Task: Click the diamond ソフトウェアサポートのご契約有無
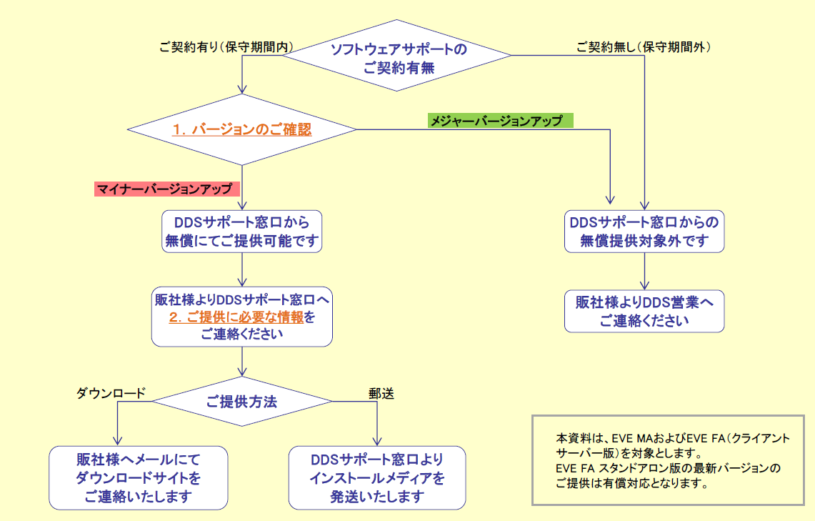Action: click(x=399, y=58)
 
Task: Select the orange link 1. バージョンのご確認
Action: click(x=242, y=130)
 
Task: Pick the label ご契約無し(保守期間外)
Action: click(x=644, y=47)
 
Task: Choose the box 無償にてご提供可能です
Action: click(x=242, y=231)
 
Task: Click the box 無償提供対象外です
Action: click(x=644, y=231)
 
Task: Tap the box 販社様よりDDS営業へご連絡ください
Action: click(x=644, y=311)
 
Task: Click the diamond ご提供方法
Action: click(x=242, y=402)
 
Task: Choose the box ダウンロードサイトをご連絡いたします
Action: click(x=139, y=477)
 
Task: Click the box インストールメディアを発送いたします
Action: click(x=377, y=477)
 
